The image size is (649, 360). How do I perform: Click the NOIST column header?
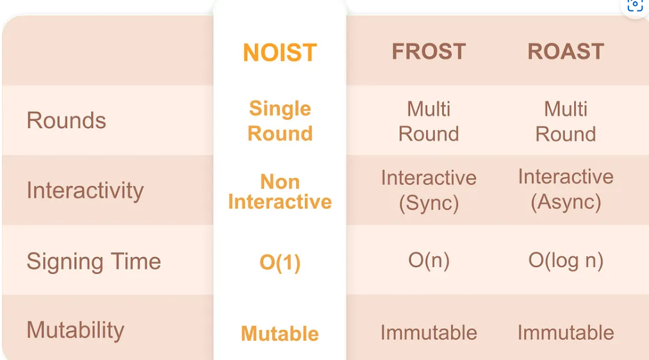[280, 53]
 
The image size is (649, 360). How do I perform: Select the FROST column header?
[429, 52]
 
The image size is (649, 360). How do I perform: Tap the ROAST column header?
[566, 52]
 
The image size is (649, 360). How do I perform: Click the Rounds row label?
[66, 120]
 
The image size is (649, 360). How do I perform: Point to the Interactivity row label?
[85, 191]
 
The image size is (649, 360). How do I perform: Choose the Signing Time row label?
[94, 262]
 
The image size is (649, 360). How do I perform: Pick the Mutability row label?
[76, 330]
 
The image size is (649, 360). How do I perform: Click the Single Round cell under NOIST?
[280, 121]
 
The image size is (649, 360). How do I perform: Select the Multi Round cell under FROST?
[429, 121]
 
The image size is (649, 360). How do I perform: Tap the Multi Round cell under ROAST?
[566, 121]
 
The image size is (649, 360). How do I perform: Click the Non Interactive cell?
[280, 192]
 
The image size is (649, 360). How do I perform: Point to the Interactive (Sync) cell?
[429, 190]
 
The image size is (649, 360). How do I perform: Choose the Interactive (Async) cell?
[566, 190]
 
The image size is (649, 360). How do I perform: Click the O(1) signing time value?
[280, 263]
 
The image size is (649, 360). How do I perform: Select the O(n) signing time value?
[429, 261]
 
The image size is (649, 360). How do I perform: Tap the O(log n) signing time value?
[566, 261]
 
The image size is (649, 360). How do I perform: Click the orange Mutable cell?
[280, 334]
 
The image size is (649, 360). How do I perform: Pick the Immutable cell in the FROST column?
[429, 332]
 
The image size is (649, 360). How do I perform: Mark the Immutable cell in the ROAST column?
[566, 332]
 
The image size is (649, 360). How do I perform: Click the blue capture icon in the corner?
[636, 6]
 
